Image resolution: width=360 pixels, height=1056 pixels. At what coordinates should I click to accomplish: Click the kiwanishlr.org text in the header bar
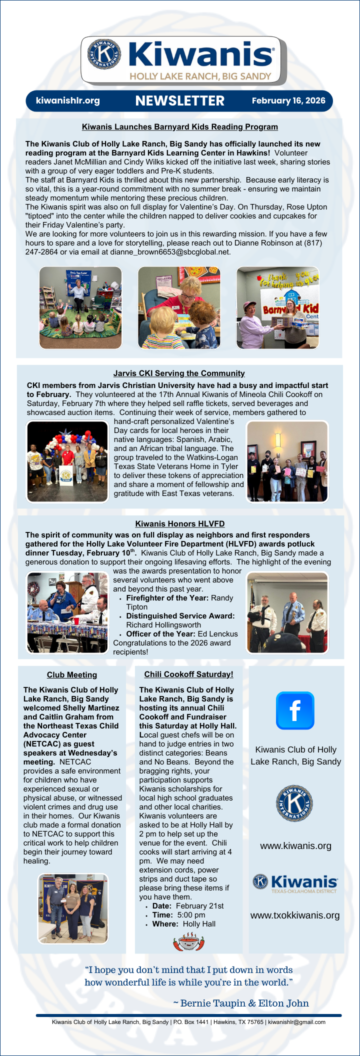point(68,100)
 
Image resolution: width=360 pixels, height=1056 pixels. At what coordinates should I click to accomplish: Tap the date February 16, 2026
point(288,100)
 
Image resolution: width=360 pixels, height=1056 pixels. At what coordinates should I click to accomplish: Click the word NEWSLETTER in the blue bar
point(179,101)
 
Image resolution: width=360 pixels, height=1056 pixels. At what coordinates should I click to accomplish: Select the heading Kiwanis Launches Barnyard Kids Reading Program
point(179,127)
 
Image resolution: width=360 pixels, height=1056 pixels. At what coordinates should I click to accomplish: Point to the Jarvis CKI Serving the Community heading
point(179,373)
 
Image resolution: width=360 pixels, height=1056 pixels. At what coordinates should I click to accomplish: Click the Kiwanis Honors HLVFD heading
point(179,524)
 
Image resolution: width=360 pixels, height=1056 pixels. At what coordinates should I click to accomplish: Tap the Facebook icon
point(295,710)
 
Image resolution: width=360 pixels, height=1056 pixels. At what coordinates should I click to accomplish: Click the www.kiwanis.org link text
point(295,846)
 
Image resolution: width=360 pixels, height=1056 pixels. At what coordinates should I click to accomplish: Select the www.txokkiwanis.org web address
point(295,915)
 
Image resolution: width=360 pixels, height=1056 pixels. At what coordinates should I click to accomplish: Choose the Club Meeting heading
point(72,675)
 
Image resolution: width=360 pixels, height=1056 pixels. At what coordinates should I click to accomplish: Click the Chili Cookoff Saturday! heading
point(188,674)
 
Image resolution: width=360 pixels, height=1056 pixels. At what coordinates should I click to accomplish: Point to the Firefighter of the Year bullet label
point(167,598)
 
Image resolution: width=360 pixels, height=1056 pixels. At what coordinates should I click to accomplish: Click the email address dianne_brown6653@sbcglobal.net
point(170,252)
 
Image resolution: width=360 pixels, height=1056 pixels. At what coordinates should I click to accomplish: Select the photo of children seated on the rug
point(80,307)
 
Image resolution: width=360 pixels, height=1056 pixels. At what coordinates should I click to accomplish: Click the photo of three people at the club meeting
point(73,908)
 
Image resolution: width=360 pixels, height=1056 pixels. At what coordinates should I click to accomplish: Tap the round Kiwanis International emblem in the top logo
point(104,53)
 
